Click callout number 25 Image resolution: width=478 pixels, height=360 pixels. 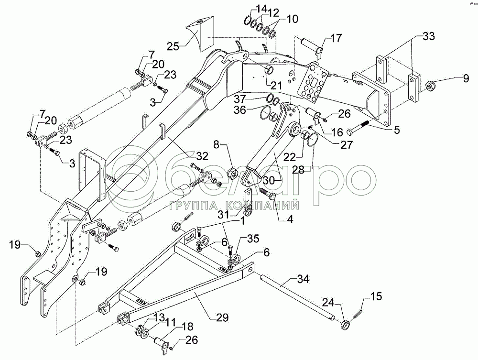pyautogui.click(x=173, y=47)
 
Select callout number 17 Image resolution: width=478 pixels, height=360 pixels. pyautogui.click(x=336, y=39)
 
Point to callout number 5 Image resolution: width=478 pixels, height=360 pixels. pyautogui.click(x=397, y=130)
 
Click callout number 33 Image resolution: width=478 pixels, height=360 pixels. pyautogui.click(x=428, y=36)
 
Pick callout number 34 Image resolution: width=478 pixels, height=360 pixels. pyautogui.click(x=304, y=279)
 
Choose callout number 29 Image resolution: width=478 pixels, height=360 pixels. pyautogui.click(x=222, y=317)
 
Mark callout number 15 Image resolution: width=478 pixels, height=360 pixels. pyautogui.click(x=376, y=296)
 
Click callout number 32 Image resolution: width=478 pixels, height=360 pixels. pyautogui.click(x=202, y=156)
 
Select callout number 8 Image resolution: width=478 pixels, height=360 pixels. pyautogui.click(x=216, y=144)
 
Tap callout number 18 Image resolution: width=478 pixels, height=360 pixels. pyautogui.click(x=187, y=327)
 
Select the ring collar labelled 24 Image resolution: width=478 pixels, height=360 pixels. pyautogui.click(x=345, y=324)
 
